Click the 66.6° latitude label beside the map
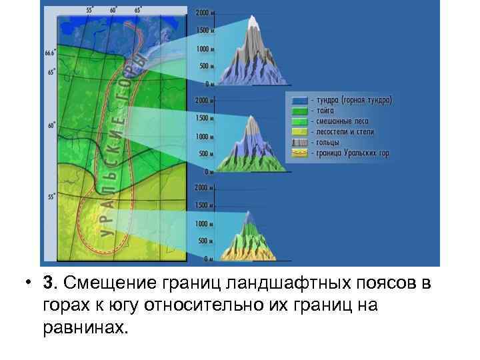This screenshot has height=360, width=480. [x=49, y=53]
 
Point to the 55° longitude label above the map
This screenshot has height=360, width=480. [x=89, y=11]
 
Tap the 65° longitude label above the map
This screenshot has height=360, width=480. [x=137, y=11]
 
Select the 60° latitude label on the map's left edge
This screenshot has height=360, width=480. [x=51, y=125]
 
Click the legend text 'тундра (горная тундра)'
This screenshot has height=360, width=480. [x=351, y=101]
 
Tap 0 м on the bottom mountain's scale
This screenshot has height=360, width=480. [x=209, y=258]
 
